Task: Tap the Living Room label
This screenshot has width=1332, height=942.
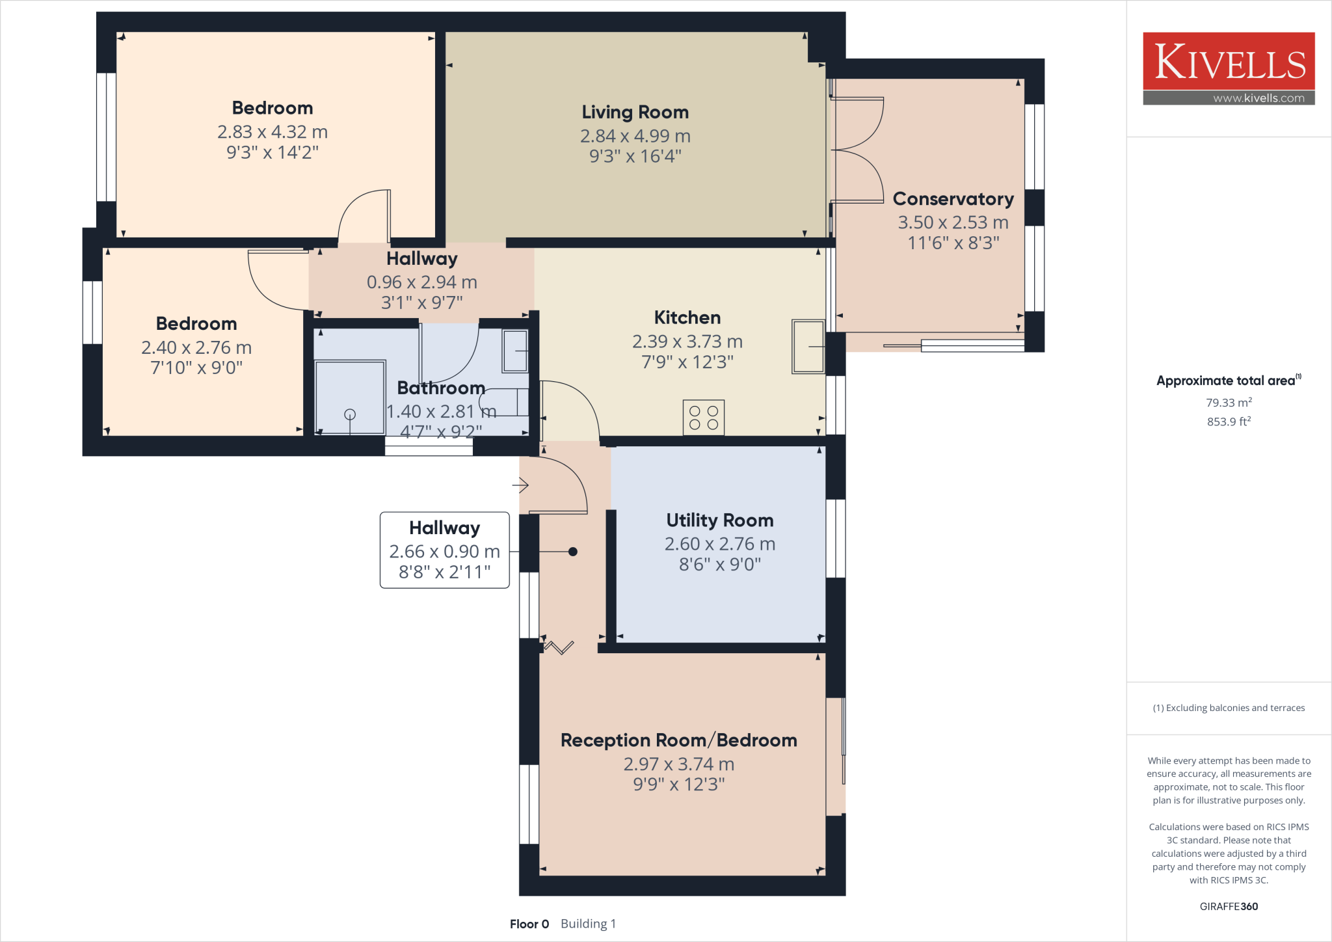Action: [635, 113]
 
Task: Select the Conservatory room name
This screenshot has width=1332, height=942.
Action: [953, 199]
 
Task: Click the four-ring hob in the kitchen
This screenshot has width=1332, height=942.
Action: [703, 418]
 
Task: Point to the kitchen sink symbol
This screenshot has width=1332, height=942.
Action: [808, 347]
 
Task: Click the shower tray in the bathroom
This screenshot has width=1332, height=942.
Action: [350, 397]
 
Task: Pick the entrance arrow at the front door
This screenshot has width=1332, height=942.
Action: [520, 485]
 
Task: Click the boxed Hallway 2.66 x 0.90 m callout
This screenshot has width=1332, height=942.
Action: [444, 550]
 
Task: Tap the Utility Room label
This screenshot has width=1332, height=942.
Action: [719, 520]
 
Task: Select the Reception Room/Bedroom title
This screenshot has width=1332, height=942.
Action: [678, 740]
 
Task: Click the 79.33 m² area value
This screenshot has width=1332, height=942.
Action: [1229, 403]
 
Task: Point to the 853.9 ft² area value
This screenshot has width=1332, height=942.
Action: [1229, 422]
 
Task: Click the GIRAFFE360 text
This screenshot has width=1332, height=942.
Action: [1229, 906]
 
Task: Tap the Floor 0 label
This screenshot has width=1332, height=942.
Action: [529, 924]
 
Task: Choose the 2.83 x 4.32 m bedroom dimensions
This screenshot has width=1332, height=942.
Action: [272, 132]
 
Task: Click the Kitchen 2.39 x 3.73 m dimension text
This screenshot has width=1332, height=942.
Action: [687, 342]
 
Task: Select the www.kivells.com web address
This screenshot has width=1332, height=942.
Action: [1259, 98]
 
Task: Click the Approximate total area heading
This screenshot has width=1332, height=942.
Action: [1226, 381]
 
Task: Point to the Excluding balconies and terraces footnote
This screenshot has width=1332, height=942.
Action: [1229, 708]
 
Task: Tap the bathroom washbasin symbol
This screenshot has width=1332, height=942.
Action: [515, 351]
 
